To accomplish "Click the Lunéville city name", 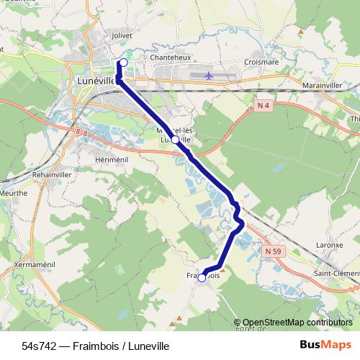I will click(x=94, y=81).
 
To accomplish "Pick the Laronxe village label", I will click(x=329, y=245).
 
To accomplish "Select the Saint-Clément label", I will click(x=336, y=273).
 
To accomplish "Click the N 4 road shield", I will click(x=264, y=106).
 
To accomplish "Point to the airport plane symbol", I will click(x=209, y=75).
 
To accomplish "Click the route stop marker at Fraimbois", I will click(x=202, y=277).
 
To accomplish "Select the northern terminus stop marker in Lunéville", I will click(x=123, y=63).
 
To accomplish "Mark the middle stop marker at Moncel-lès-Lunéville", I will click(x=175, y=140).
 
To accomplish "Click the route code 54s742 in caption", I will click(x=39, y=346).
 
